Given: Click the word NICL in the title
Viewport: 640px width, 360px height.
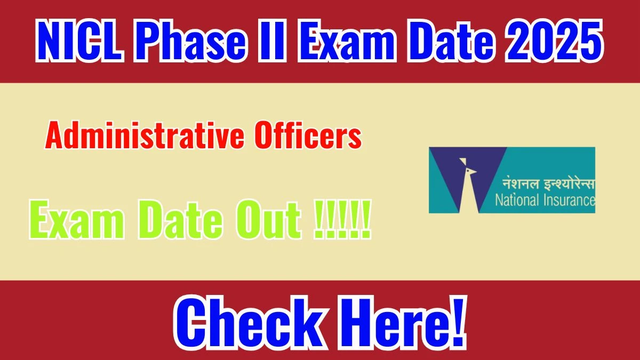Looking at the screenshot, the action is [x=79, y=41].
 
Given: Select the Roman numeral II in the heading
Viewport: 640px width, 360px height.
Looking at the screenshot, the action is [x=271, y=41].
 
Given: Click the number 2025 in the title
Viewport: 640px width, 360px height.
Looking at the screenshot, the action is [x=554, y=41].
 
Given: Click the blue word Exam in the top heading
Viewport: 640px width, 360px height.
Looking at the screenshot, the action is [x=347, y=41].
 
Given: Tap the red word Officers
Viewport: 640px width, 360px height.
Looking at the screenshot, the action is [x=308, y=135].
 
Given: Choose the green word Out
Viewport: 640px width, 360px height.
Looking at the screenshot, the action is [x=268, y=219].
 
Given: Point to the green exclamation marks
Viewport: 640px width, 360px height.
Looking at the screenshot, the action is [x=342, y=219].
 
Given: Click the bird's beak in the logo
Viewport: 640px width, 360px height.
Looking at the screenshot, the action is [x=473, y=172].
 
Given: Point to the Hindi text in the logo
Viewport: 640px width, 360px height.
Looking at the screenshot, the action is [x=549, y=183].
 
